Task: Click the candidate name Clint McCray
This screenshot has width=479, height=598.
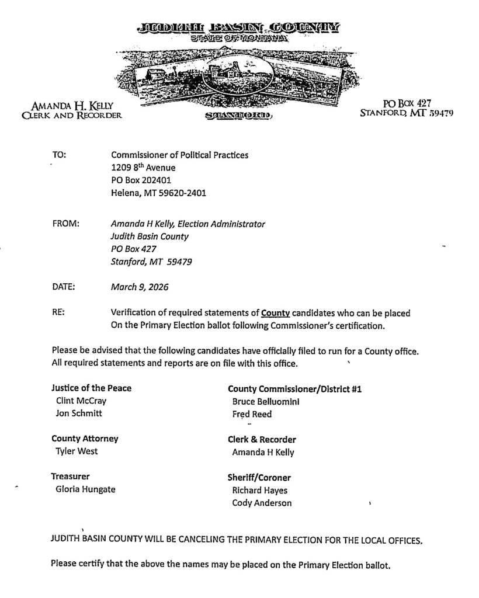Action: point(81,401)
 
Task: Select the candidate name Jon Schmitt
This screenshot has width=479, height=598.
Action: point(79,414)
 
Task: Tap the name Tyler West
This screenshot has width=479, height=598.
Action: point(77,451)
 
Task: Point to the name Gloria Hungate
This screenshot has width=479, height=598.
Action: point(85,489)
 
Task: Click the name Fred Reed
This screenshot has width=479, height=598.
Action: point(252,415)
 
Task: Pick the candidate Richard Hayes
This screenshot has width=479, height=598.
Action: point(259,490)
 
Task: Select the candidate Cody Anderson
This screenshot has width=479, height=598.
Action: point(261,503)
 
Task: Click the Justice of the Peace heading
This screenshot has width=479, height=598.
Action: point(91,388)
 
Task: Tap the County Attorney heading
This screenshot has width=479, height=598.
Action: point(85,438)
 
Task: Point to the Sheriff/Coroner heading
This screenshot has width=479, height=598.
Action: point(259,477)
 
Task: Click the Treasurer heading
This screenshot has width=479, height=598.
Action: point(70,476)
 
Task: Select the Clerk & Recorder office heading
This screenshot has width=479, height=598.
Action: point(262,439)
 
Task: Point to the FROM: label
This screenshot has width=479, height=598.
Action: point(65,224)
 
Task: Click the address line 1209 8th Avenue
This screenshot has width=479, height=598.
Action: point(143,168)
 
